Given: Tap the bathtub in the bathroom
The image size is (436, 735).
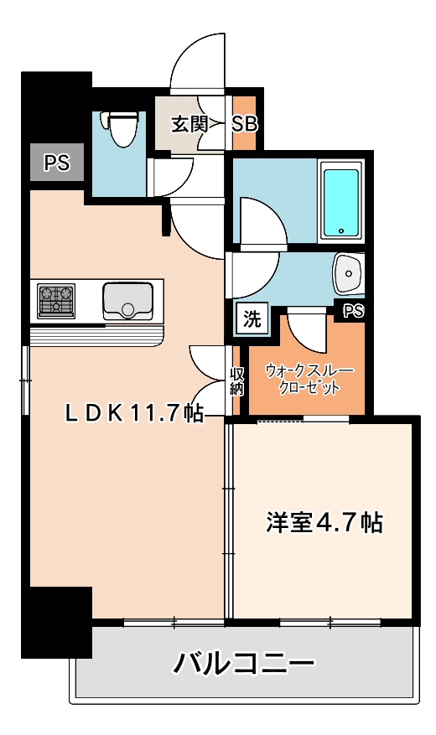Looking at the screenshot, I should pyautogui.click(x=340, y=202).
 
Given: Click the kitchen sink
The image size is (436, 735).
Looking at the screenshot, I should pyautogui.click(x=127, y=301).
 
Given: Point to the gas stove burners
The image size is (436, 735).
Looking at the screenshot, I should pyautogui.click(x=56, y=301).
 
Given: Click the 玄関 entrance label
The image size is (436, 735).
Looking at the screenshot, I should pyautogui.click(x=189, y=125).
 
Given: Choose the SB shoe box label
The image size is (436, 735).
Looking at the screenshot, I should pyautogui.click(x=244, y=124).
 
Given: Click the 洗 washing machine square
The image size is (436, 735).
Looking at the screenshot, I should pyautogui.click(x=252, y=318).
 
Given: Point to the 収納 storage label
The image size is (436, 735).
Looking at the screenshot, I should pyautogui.click(x=237, y=381).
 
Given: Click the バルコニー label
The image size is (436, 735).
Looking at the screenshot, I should pyautogui.click(x=244, y=665).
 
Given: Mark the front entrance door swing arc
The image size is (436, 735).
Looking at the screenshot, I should pyautogui.click(x=197, y=63).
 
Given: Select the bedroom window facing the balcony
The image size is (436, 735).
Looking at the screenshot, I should pyautogui.click(x=330, y=622).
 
